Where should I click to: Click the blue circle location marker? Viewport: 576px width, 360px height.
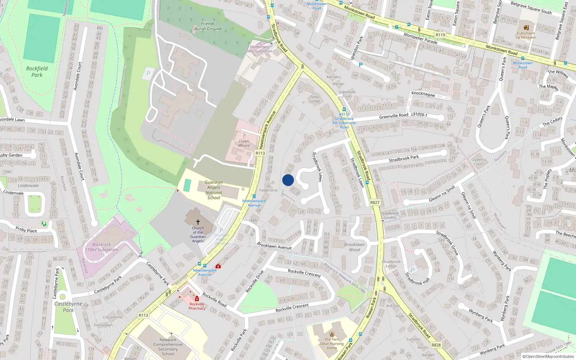coord(288,180)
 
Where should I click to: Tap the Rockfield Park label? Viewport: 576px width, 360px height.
coord(37,72)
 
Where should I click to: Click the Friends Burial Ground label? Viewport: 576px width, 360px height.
coord(208,26)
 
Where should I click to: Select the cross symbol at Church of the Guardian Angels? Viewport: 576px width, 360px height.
coord(198,222)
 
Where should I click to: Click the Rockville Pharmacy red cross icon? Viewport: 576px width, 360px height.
coord(197,299)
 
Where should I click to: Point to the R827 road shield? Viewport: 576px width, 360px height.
coord(375,202)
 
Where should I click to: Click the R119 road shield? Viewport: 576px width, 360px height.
coord(440,35)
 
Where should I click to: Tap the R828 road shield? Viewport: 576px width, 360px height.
coord(436,345)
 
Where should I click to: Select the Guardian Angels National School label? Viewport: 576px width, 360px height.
coord(213,190)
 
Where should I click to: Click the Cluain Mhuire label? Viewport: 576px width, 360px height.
coord(244,143)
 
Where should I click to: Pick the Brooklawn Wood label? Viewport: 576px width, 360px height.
coord(354,247)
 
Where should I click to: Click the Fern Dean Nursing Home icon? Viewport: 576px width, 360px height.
coord(332,334)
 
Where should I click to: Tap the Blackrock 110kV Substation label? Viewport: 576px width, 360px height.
coord(102,247)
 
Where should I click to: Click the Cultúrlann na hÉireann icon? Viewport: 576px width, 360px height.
coord(526,28)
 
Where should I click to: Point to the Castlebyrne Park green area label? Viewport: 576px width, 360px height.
coord(68,307)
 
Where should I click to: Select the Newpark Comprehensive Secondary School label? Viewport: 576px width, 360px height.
coord(168,347)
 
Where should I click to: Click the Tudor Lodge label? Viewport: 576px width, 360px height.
coord(315,99)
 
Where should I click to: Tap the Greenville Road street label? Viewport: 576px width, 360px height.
coord(393,116)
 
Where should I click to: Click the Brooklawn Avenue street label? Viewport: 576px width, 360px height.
coord(274,246)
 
